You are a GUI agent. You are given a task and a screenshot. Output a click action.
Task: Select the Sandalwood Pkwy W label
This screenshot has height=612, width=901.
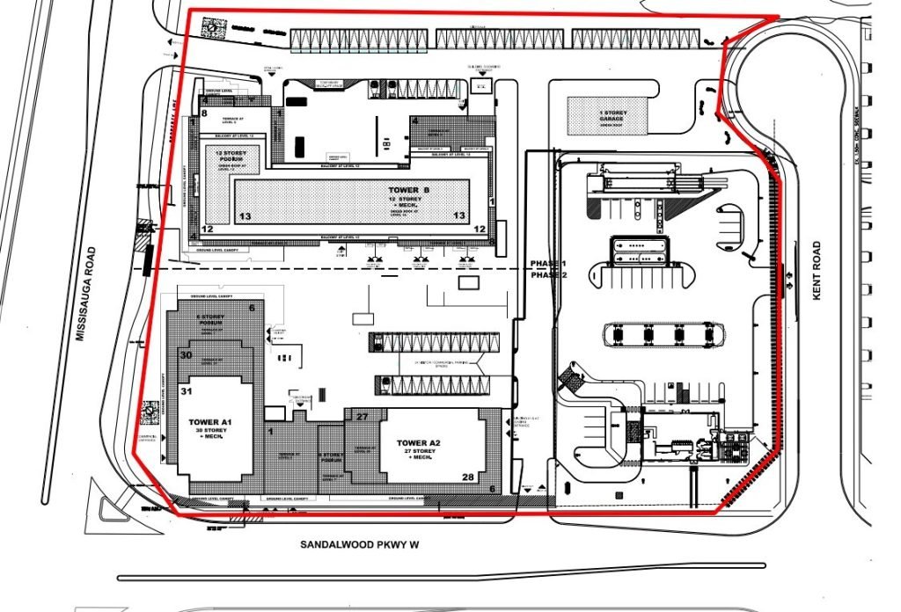(360, 545)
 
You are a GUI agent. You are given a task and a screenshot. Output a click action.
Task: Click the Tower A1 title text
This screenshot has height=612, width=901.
(209, 422)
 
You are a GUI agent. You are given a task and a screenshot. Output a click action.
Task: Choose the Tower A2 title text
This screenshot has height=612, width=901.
(418, 442)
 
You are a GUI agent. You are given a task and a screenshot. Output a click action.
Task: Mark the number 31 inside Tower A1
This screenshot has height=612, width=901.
(187, 390)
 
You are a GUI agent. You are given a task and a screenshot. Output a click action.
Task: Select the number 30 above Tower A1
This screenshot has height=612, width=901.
(186, 355)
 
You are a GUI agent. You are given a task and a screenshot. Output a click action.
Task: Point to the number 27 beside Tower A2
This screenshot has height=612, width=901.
(362, 416)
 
